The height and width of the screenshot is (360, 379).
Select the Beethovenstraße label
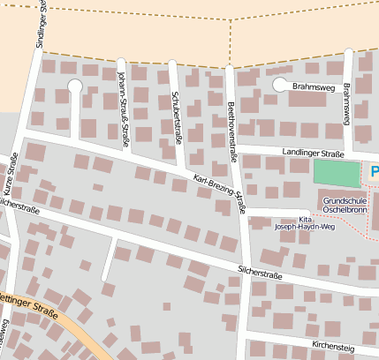tap(233, 117)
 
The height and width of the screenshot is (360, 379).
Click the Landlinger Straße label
tap(313, 153)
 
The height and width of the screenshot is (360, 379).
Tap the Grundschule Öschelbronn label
tap(345, 206)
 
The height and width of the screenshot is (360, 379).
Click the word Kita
tap(306, 219)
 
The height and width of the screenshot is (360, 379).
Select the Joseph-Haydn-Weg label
tap(306, 227)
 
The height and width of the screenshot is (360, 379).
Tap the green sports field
tap(337, 174)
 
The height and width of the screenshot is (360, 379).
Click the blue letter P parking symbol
tap(374, 170)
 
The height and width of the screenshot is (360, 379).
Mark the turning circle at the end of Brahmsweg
tap(280, 86)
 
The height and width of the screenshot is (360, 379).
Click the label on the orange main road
tap(28, 311)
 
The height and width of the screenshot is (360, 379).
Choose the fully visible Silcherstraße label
tap(260, 274)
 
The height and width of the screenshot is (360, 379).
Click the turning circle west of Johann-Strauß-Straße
tap(74, 86)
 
